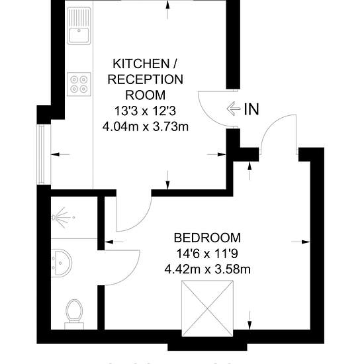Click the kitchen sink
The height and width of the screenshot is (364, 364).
coord(79,26)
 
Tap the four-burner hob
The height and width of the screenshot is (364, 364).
coord(79,84)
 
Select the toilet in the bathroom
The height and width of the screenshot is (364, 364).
coord(74,314)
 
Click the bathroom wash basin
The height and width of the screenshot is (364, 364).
coord(62,263)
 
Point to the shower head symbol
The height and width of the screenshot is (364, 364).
coord(62,218)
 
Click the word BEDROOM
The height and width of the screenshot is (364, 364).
coord(207,238)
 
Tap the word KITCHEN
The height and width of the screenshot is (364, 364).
coord(141,64)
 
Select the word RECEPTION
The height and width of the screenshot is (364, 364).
coord(146,79)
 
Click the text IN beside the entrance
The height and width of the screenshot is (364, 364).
coord(251,109)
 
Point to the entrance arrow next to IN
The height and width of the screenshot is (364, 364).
coord(234,109)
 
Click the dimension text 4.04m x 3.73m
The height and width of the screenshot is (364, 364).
coord(146,127)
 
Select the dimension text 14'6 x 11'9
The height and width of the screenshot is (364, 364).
coord(207,253)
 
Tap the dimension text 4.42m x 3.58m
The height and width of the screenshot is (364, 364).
coord(207,269)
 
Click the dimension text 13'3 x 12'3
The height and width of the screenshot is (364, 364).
coord(146,111)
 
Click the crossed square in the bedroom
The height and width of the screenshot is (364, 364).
coord(207,308)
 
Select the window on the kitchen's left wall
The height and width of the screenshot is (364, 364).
coord(42,155)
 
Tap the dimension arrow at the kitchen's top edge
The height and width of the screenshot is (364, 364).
coord(167,10)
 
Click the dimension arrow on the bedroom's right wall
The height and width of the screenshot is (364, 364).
coord(300,242)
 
